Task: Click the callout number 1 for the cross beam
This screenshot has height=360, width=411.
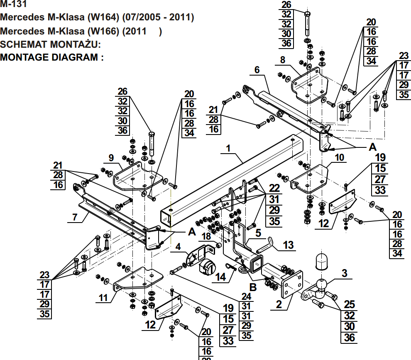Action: click(x=228, y=148)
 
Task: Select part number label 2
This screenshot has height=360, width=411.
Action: click(x=279, y=305)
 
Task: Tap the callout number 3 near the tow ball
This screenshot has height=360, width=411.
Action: click(x=344, y=273)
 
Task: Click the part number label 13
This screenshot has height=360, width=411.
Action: click(x=288, y=245)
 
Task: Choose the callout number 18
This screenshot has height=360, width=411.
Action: click(x=206, y=236)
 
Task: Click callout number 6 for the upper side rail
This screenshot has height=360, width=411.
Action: click(x=257, y=70)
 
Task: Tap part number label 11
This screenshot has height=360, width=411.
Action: click(x=103, y=298)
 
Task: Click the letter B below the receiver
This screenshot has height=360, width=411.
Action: click(x=252, y=287)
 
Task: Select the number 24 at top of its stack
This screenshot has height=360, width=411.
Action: click(x=247, y=296)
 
